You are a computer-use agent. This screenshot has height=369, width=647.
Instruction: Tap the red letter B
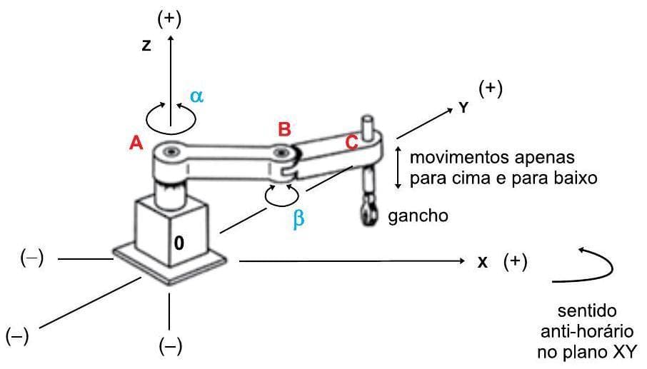point(284,129)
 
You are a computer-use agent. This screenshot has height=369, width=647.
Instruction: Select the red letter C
point(351,142)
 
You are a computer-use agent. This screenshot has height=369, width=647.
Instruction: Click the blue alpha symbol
point(196,96)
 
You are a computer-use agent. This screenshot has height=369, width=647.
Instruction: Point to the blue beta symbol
point(299,220)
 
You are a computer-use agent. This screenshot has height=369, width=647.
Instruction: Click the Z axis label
point(146,46)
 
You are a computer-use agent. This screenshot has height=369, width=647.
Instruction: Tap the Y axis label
point(463,107)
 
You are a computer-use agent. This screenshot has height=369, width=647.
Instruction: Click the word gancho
point(418,216)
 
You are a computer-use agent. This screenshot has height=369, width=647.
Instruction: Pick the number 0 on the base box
point(179,243)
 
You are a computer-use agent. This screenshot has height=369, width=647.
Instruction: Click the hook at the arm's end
point(368,212)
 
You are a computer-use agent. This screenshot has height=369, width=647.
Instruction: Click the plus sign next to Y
point(491,89)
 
